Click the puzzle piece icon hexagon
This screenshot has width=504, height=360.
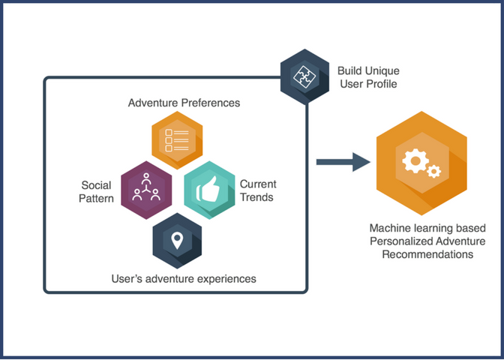pyautogui.click(x=304, y=76)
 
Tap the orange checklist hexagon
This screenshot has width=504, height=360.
pyautogui.click(x=177, y=140)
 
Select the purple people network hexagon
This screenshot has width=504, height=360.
pyautogui.click(x=146, y=190)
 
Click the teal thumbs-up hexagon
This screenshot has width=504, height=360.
pyautogui.click(x=209, y=190)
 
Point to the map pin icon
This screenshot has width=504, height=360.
pyautogui.click(x=177, y=241)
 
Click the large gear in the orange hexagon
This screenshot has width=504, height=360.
pyautogui.click(x=415, y=160)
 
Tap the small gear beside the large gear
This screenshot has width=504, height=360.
pyautogui.click(x=434, y=171)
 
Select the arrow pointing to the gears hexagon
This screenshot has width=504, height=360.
pyautogui.click(x=343, y=162)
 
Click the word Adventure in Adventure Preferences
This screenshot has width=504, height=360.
pyautogui.click(x=153, y=103)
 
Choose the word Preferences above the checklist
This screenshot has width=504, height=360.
pyautogui.click(x=211, y=103)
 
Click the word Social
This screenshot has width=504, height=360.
pyautogui.click(x=96, y=185)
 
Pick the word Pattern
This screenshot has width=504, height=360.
pyautogui.click(x=96, y=198)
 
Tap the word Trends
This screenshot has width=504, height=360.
pyautogui.click(x=256, y=197)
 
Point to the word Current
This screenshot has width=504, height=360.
pyautogui.click(x=258, y=184)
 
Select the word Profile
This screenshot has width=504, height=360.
pyautogui.click(x=381, y=84)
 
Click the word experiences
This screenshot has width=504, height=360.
pyautogui.click(x=226, y=279)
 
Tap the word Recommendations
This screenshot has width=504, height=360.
pyautogui.click(x=427, y=254)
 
